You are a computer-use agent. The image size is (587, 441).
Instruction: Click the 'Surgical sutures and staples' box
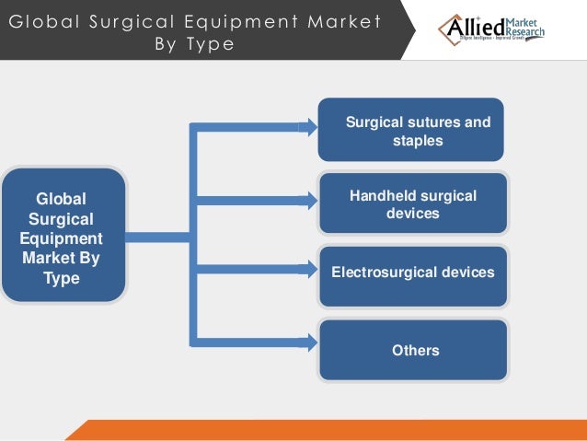click(x=411, y=130)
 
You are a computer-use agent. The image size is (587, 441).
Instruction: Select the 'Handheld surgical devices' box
click(x=412, y=203)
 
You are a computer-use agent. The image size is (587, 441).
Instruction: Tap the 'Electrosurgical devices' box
click(x=412, y=273)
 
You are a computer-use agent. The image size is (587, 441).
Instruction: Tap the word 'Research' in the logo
click(x=525, y=34)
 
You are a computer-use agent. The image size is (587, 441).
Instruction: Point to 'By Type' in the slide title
click(x=195, y=45)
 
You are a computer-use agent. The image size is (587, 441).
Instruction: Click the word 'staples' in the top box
click(x=418, y=141)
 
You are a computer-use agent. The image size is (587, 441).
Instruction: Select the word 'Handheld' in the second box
click(x=384, y=195)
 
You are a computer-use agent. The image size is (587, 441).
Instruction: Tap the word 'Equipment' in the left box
click(x=62, y=238)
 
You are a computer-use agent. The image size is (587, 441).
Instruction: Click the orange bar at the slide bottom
click(x=331, y=430)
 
